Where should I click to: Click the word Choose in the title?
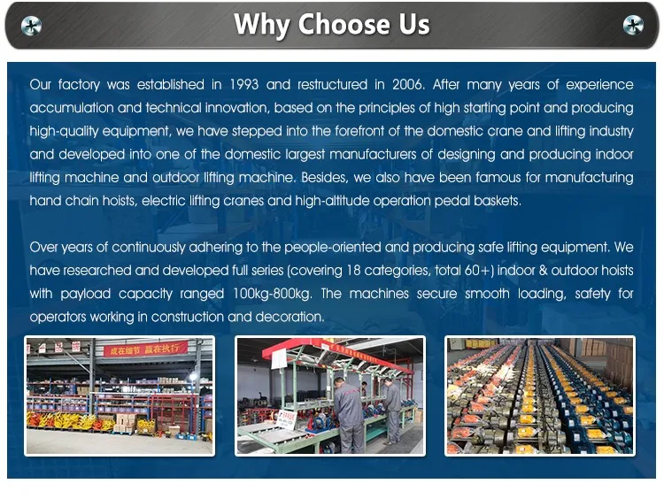pyautogui.click(x=344, y=24)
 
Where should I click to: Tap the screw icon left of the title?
pyautogui.click(x=31, y=26)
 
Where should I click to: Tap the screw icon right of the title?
pyautogui.click(x=633, y=25)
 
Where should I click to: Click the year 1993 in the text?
pyautogui.click(x=244, y=84)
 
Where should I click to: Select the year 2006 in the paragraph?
pyautogui.click(x=408, y=84)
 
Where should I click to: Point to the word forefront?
pyautogui.click(x=359, y=131)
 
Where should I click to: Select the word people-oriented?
pyautogui.click(x=333, y=247)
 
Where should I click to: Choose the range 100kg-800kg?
pyautogui.click(x=272, y=294)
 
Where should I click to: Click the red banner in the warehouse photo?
pyautogui.click(x=146, y=349)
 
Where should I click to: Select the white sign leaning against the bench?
pyautogui.click(x=287, y=419)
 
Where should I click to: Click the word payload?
pyautogui.click(x=85, y=294)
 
